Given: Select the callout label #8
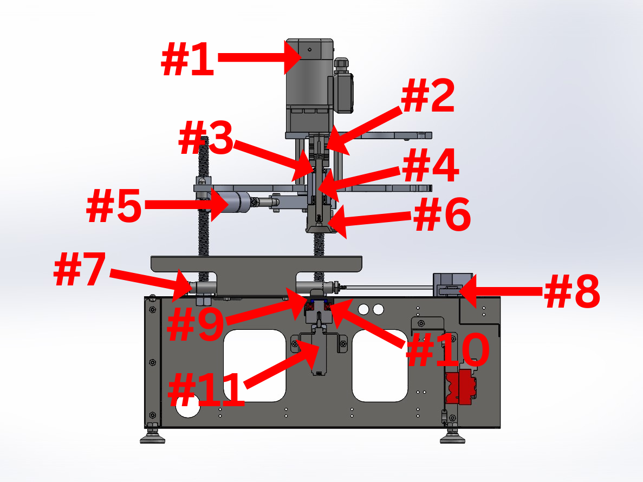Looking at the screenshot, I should pyautogui.click(x=571, y=292).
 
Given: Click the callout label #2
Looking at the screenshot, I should pyautogui.click(x=428, y=97).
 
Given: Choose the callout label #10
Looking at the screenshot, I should pyautogui.click(x=447, y=351).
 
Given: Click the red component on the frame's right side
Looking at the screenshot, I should pyautogui.click(x=462, y=387).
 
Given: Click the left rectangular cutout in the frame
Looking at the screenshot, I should pyautogui.click(x=254, y=366).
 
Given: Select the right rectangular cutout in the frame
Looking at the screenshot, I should pyautogui.click(x=380, y=366).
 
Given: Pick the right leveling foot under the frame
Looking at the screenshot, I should pyautogui.click(x=452, y=437).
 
